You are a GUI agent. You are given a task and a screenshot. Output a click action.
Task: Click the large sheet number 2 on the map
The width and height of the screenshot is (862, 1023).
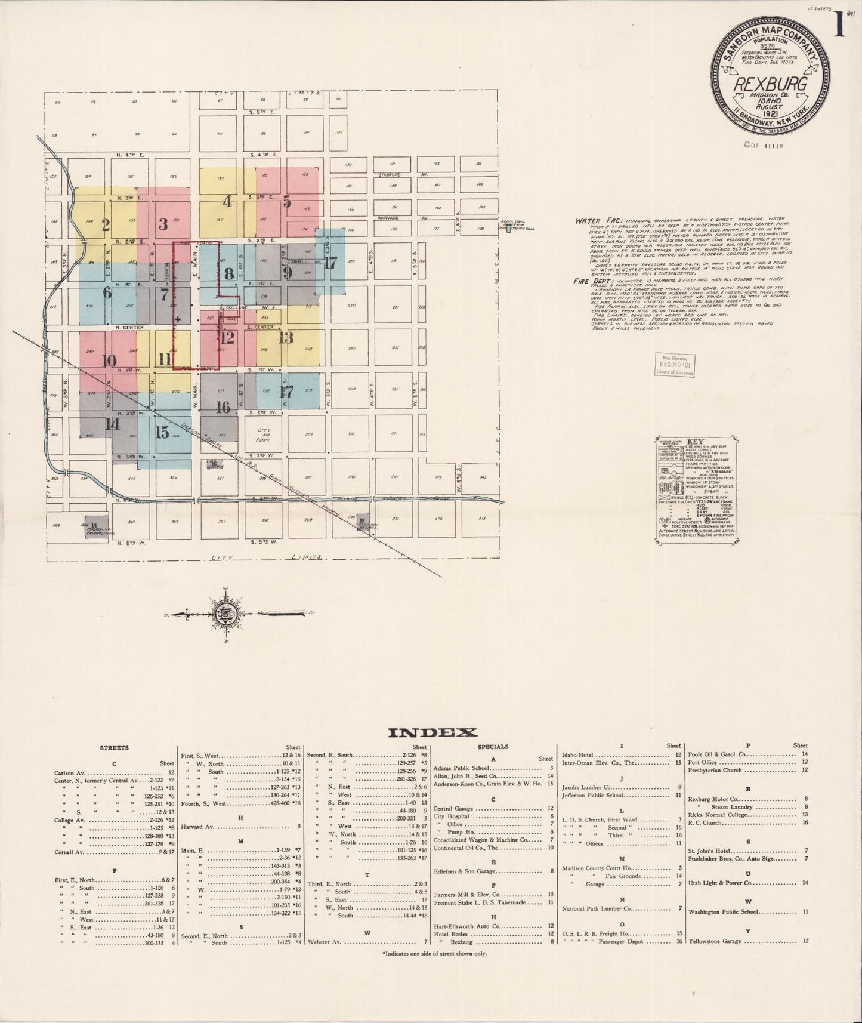tap(106, 225)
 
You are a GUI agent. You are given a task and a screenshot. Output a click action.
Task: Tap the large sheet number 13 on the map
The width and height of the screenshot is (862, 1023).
tap(286, 337)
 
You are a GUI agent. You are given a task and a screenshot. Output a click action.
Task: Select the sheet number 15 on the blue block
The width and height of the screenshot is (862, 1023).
tap(162, 433)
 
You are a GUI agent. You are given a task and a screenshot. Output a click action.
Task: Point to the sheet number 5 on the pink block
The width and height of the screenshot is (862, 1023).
tap(287, 202)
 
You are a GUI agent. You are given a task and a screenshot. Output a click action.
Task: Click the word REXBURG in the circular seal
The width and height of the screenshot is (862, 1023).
tap(770, 84)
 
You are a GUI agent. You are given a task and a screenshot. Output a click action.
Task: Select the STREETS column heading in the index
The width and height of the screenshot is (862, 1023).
tap(114, 747)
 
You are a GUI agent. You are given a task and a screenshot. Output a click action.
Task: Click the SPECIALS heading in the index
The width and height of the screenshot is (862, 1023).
tap(493, 747)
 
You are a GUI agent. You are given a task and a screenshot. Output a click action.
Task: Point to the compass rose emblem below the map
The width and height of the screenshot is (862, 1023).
tap(227, 614)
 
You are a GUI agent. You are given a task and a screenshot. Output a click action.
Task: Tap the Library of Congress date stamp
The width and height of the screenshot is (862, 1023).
tap(675, 363)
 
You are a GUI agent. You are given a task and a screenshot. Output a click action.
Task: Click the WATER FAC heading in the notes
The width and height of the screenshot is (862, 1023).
tap(592, 221)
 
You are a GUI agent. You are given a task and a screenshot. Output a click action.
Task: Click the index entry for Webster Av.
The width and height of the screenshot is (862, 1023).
tap(324, 942)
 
